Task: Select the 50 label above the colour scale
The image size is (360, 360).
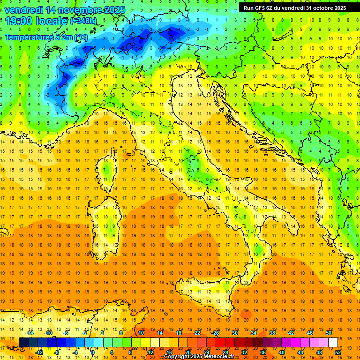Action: click(328, 333)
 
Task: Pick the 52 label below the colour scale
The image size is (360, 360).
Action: click(338, 352)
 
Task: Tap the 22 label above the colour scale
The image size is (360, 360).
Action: click(197, 333)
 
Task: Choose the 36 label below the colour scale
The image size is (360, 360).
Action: click(263, 352)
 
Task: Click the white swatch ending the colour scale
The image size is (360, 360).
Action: click(333, 342)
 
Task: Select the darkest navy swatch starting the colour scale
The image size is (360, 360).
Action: click(23, 342)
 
